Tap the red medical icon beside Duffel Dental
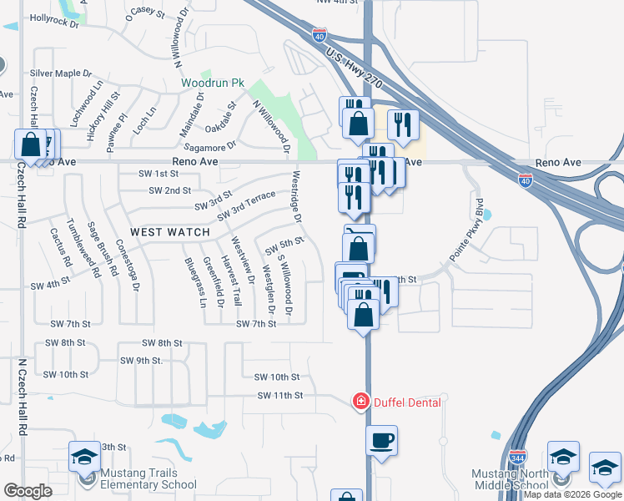[x=361, y=402]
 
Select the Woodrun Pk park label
[x=214, y=84]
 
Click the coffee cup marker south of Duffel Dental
[x=381, y=440]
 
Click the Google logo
[x=28, y=491]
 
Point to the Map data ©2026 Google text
[x=572, y=494]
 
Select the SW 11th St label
[x=279, y=395]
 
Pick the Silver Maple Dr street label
[x=61, y=73]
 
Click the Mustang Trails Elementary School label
[x=148, y=478]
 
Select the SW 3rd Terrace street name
[x=246, y=206]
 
